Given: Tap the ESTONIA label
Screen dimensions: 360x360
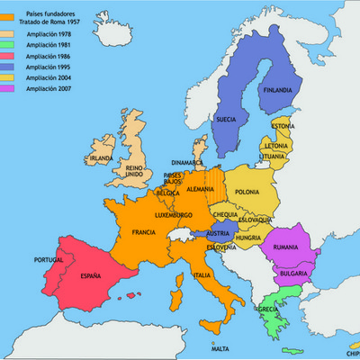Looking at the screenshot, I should point(283,126).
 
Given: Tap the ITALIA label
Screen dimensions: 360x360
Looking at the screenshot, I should point(203,275).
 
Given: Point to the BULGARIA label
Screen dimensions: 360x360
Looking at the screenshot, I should point(292,273).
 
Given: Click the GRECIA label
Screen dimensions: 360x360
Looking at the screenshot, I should point(267,310).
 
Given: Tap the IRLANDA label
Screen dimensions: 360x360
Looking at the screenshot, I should point(102,158).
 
